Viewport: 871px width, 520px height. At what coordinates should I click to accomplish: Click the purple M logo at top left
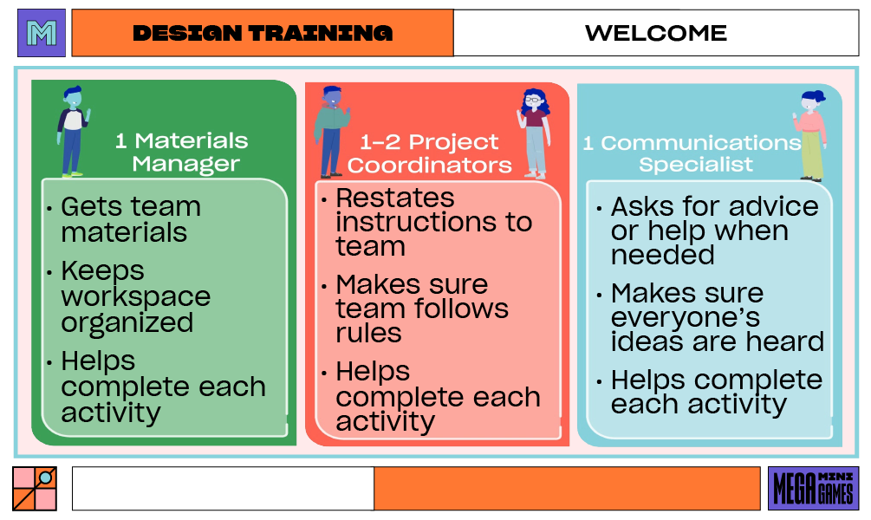42,33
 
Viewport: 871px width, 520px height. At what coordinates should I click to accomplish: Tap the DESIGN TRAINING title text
263,33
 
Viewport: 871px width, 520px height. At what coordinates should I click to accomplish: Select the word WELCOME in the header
656,33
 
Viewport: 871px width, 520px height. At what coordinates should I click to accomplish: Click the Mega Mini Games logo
813,488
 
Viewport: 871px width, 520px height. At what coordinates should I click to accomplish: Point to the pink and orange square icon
35,488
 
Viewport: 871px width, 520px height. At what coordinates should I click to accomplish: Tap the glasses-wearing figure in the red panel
534,133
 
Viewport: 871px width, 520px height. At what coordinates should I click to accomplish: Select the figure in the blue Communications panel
810,135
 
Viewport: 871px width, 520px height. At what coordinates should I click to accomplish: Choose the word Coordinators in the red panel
430,165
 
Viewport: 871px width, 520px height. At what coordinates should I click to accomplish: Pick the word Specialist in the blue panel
696,165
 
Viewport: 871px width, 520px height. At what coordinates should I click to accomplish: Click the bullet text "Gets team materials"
130,219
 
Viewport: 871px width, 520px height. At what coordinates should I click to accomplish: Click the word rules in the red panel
369,333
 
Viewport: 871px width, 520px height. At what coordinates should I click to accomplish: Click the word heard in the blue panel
787,341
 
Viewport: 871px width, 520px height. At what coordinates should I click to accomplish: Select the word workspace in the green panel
136,296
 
